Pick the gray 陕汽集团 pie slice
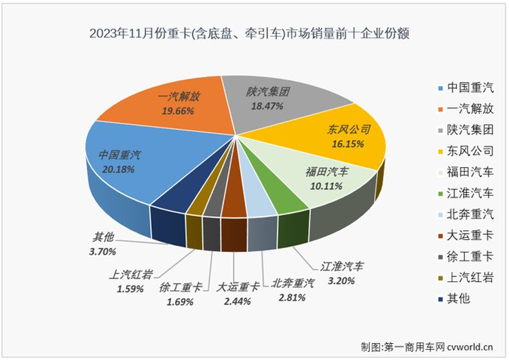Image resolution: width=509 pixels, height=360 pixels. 271,98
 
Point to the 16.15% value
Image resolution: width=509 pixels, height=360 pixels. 347,144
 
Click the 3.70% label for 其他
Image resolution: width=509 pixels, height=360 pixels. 103,251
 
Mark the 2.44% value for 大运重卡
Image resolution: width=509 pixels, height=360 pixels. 235,301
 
